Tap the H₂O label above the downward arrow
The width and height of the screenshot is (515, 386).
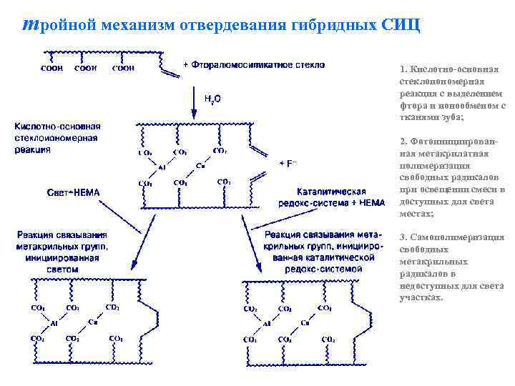tap(212, 99)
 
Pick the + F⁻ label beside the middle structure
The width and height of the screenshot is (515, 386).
tap(289, 164)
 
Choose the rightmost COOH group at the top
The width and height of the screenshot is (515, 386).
tap(123, 69)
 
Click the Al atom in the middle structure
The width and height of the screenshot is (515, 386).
tap(162, 168)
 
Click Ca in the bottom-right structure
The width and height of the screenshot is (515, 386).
tap(305, 323)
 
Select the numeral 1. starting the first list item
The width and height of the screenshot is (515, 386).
tap(403, 69)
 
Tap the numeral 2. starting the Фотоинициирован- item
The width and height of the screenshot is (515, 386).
tap(403, 141)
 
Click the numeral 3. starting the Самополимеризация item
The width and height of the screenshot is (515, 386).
tap(403, 237)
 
